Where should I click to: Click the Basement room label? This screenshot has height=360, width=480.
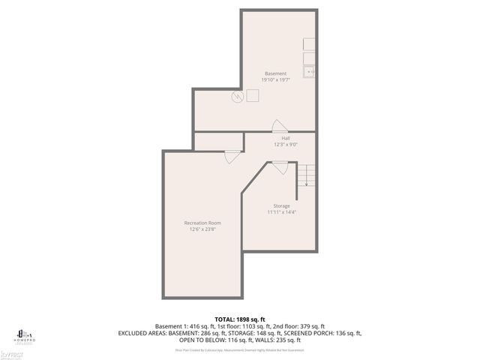pos(275,73)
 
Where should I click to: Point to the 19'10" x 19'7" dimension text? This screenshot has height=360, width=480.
pos(275,79)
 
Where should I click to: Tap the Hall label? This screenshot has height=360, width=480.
pos(286,138)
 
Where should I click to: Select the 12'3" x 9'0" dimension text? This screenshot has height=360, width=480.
pos(286,144)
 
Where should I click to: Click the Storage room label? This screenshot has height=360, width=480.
pos(281,205)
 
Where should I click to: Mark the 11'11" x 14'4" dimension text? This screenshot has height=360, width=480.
pos(281,212)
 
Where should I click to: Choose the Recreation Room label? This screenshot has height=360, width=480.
pos(202,223)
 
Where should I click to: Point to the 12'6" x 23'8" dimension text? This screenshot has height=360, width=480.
pos(202,229)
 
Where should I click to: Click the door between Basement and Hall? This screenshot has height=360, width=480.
pos(278,127)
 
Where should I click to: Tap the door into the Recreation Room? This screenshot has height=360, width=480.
pos(232,156)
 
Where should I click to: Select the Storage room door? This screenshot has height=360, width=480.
pos(280,169)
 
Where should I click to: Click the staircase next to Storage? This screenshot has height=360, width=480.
pos(306,178)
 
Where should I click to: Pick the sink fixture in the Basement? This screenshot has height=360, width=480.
pos(308,71)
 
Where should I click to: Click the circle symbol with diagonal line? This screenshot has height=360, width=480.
pos(237,96)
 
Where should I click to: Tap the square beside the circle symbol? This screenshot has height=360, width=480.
pos(253,95)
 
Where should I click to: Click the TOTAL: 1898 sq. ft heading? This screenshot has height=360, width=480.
pos(240,319)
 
